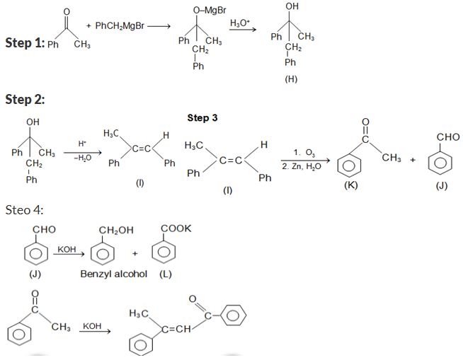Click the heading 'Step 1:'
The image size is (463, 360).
tap(24, 44)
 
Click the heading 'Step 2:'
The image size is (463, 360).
tap(24, 99)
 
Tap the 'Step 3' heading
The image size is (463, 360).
tap(202, 117)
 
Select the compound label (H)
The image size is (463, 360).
tap(290, 79)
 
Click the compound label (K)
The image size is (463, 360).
tap(350, 185)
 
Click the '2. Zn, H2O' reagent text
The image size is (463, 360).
tap(301, 166)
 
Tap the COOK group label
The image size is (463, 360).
tap(176, 228)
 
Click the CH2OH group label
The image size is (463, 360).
tap(116, 229)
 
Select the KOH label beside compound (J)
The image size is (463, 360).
tap(68, 250)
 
